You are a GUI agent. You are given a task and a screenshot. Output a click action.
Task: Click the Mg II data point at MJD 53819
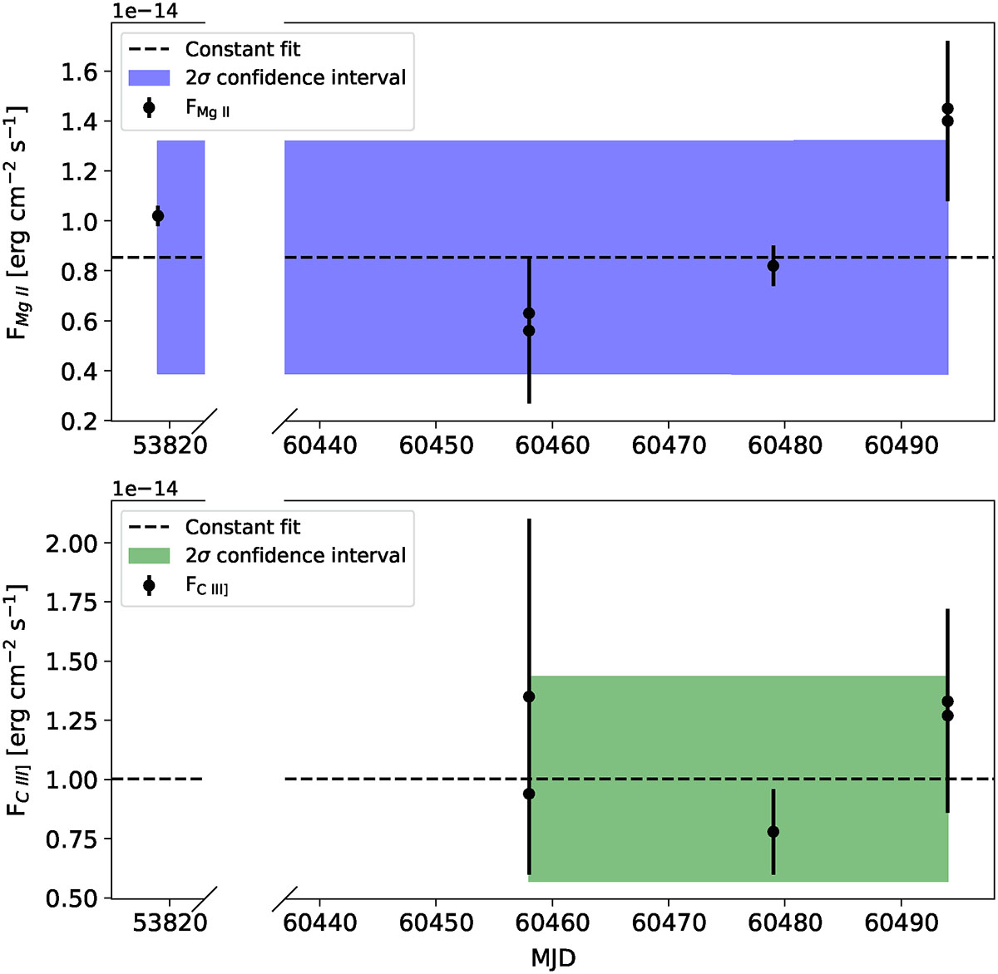pyautogui.click(x=158, y=216)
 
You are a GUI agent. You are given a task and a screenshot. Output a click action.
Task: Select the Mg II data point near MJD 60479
pyautogui.click(x=773, y=266)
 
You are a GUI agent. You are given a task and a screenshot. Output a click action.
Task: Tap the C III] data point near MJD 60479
pyautogui.click(x=773, y=832)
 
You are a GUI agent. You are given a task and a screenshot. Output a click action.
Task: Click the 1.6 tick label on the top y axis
pyautogui.click(x=80, y=72)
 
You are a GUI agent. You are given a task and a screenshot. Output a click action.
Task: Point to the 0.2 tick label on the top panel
pyautogui.click(x=80, y=421)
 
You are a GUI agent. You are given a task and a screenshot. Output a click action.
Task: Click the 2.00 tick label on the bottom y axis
pyautogui.click(x=70, y=544)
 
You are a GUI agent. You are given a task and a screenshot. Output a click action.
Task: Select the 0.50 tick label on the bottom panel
pyautogui.click(x=70, y=898)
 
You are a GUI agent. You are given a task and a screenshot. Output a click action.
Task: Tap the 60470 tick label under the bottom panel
pyautogui.click(x=669, y=922)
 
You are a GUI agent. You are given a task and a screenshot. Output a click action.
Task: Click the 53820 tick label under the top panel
pyautogui.click(x=170, y=445)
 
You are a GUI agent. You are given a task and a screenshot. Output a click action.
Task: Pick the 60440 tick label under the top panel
pyautogui.click(x=320, y=445)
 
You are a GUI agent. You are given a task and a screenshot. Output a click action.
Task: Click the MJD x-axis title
pyautogui.click(x=553, y=958)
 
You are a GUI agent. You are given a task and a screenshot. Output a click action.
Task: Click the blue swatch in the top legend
pyautogui.click(x=149, y=78)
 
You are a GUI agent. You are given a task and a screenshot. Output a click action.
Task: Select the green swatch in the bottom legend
pyautogui.click(x=149, y=556)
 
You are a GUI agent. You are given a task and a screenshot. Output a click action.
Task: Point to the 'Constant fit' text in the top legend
pyautogui.click(x=243, y=49)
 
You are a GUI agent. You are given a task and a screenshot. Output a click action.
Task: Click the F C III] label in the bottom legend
pyautogui.click(x=207, y=587)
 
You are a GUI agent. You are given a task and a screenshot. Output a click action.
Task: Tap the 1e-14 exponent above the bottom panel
pyautogui.click(x=146, y=489)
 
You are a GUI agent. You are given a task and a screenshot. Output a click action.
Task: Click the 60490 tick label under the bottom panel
pyautogui.click(x=902, y=922)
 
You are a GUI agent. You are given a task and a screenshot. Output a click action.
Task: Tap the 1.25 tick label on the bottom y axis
pyautogui.click(x=70, y=721)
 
